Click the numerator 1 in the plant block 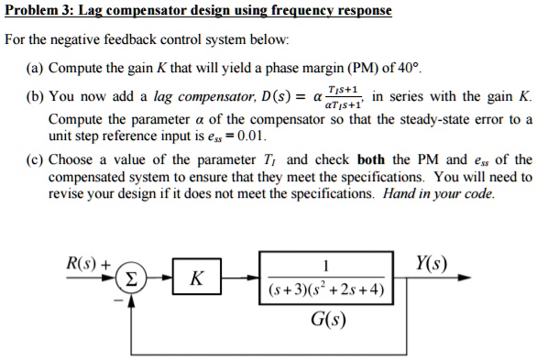pyautogui.click(x=327, y=266)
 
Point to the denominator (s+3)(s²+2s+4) pyautogui.click(x=327, y=291)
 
